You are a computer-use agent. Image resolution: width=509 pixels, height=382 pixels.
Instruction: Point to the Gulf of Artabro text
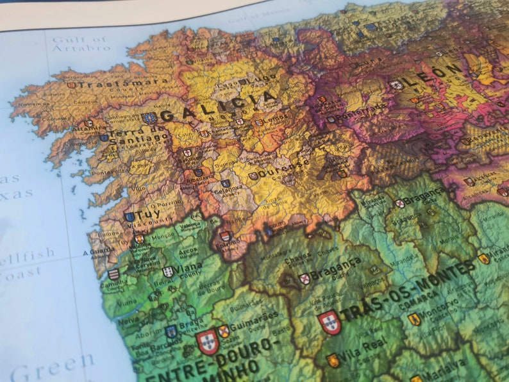point(81,44)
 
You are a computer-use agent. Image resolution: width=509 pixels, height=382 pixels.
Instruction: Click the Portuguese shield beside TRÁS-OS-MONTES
point(330,322)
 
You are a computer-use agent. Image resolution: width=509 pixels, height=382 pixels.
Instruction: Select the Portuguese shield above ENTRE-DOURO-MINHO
point(207,342)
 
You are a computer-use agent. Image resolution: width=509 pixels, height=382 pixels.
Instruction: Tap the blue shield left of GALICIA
point(149,117)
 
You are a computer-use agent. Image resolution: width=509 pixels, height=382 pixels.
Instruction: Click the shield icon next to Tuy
point(130,217)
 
